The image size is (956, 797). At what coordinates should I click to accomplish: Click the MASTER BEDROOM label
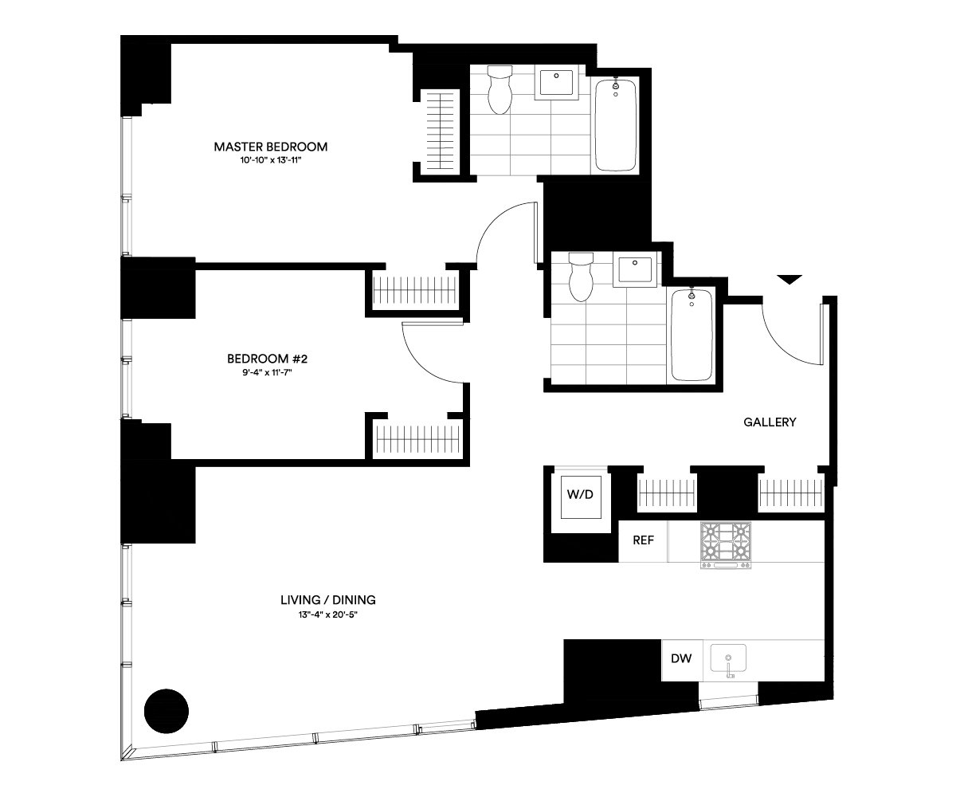(x=271, y=147)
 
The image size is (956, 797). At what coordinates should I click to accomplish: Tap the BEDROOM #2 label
(x=268, y=359)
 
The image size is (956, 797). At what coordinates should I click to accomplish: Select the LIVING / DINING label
(x=327, y=600)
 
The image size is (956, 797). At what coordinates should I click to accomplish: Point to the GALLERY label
(x=770, y=422)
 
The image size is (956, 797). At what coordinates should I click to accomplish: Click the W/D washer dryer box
(x=580, y=496)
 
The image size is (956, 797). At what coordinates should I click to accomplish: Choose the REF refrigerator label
(x=643, y=540)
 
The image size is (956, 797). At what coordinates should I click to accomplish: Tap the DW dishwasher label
(x=681, y=658)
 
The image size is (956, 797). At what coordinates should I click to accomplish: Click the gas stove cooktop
(x=726, y=544)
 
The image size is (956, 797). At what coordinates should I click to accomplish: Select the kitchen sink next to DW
(x=728, y=660)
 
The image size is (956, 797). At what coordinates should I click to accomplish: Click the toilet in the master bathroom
(x=500, y=89)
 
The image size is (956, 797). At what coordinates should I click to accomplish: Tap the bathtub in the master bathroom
(x=615, y=124)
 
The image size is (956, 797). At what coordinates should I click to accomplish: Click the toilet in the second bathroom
(x=581, y=277)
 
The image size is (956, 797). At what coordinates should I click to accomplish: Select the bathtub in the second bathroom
(x=692, y=335)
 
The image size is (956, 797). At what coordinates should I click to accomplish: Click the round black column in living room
(x=167, y=712)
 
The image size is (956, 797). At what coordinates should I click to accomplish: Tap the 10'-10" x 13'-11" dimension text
(x=271, y=160)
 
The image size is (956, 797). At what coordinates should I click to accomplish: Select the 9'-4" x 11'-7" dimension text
(x=268, y=372)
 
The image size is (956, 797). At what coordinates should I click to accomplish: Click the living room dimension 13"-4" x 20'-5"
(x=327, y=614)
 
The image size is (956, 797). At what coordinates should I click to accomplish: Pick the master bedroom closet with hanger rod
(x=440, y=132)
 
